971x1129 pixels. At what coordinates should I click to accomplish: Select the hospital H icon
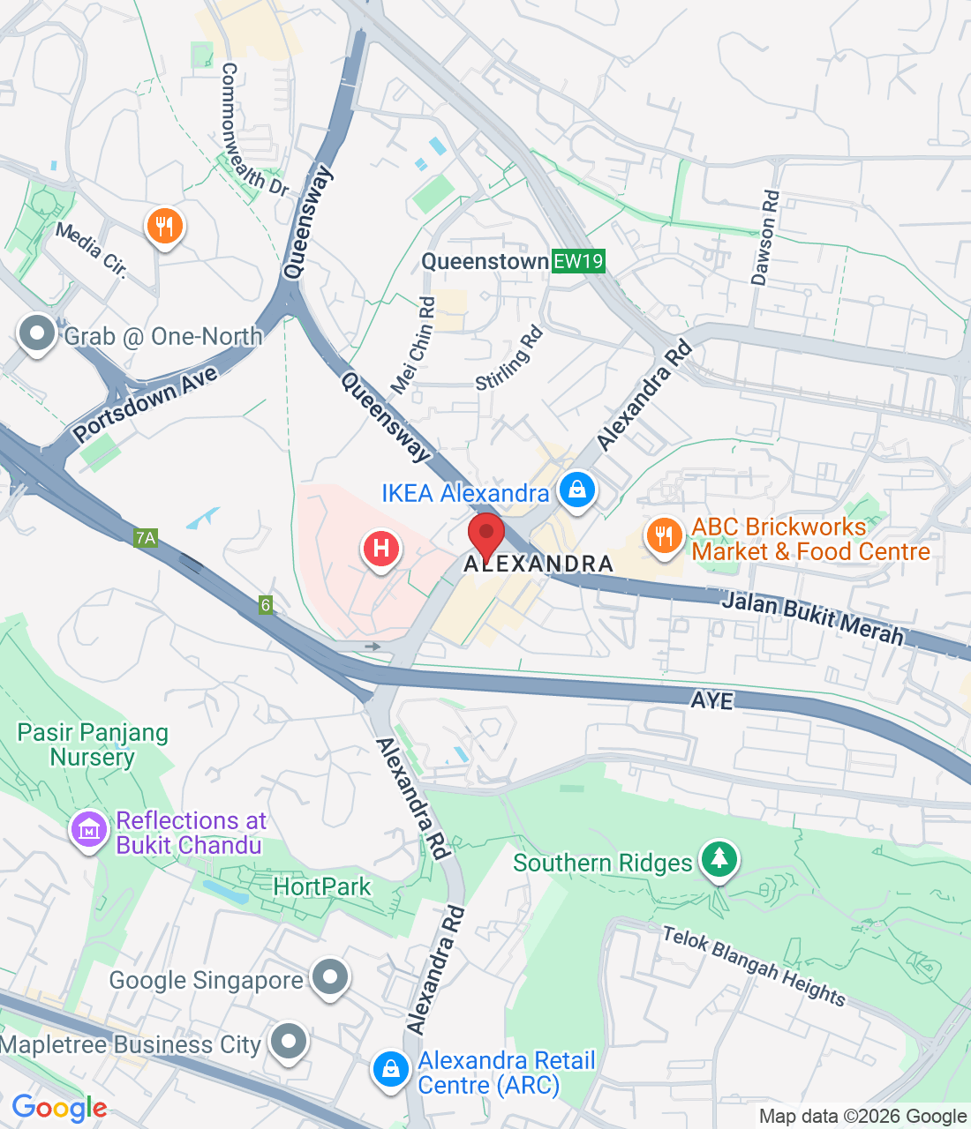[x=381, y=550]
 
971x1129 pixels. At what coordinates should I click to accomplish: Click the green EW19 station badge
[x=579, y=261]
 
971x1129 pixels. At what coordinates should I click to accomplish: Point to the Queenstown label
[x=485, y=261]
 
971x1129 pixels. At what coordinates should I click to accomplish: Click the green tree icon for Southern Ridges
[x=719, y=858]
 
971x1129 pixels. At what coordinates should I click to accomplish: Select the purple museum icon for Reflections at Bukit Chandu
[x=88, y=830]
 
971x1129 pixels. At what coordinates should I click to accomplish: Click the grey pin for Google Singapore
[x=330, y=978]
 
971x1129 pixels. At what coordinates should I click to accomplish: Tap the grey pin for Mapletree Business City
[x=289, y=1042]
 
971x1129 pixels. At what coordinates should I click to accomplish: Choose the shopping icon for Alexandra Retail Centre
[x=390, y=1070]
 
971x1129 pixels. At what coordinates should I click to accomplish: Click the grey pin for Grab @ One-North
[x=37, y=334]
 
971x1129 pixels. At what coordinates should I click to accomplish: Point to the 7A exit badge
[x=146, y=537]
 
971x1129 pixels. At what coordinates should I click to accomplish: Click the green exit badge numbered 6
[x=266, y=605]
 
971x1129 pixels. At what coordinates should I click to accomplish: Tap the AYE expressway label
[x=711, y=700]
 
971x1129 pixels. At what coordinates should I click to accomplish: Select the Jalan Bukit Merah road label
[x=813, y=618]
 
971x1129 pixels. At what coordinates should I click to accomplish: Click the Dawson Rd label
[x=765, y=238]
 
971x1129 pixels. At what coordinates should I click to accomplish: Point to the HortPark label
[x=322, y=886]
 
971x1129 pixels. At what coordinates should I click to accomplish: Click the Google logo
[x=59, y=1109]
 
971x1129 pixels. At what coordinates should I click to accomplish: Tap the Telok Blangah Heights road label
[x=754, y=966]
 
